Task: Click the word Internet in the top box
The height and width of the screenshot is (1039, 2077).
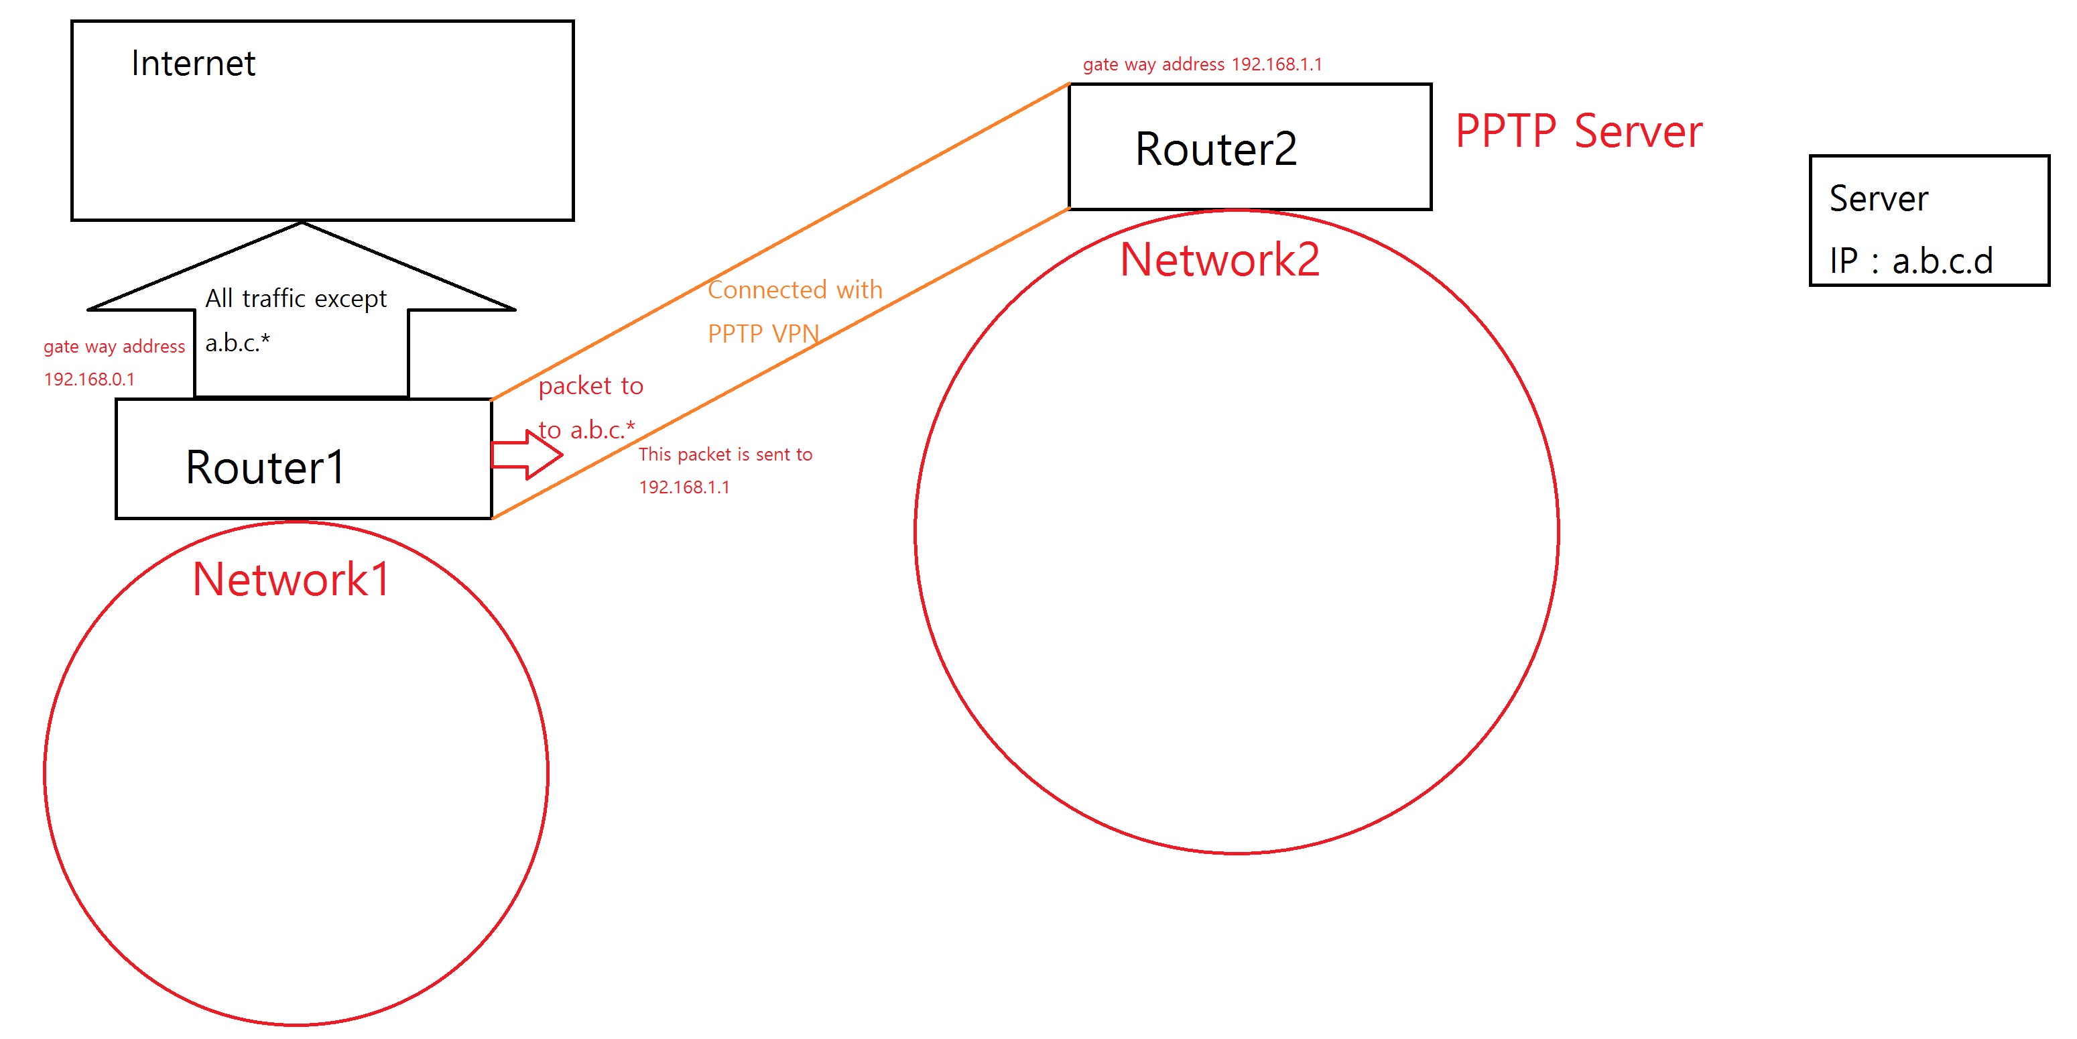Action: click(193, 64)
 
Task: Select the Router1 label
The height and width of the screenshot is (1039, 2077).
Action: click(265, 467)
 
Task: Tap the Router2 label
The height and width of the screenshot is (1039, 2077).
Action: click(1216, 149)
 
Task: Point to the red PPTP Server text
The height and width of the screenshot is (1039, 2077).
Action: click(1579, 131)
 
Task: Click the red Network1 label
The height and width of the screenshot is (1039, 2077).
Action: click(291, 579)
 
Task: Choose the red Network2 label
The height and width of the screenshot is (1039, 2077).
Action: click(1220, 260)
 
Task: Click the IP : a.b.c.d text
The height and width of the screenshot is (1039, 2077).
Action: click(1910, 261)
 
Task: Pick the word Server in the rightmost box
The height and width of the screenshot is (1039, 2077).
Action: click(1878, 198)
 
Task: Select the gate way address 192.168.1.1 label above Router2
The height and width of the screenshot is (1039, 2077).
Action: click(1202, 64)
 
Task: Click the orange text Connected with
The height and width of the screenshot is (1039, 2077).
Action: click(795, 290)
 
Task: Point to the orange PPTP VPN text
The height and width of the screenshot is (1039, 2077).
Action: click(763, 333)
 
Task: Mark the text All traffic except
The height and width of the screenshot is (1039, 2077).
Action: click(296, 298)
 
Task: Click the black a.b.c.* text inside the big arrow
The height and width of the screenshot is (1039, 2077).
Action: click(237, 343)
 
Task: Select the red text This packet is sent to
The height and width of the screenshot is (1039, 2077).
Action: click(725, 454)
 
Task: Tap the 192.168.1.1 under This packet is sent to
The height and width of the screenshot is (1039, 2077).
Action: click(684, 487)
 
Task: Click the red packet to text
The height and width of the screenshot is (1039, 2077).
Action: click(590, 385)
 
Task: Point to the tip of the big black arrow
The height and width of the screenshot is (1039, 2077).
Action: click(302, 223)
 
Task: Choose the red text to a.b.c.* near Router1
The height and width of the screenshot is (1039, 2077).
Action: click(587, 429)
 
